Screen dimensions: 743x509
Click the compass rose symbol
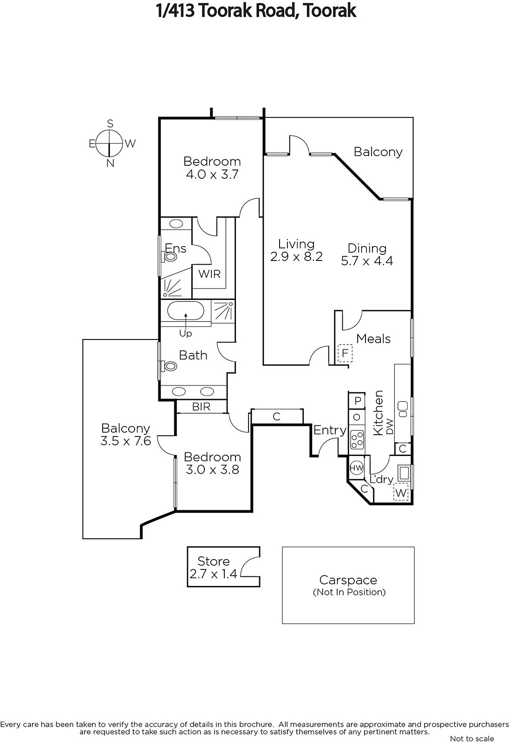pyautogui.click(x=110, y=143)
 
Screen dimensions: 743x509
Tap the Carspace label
pyautogui.click(x=348, y=580)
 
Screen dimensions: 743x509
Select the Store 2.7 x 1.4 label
pyautogui.click(x=213, y=567)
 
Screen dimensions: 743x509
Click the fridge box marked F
pyautogui.click(x=345, y=353)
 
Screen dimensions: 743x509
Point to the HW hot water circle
pyautogui.click(x=356, y=468)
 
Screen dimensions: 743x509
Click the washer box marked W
pyautogui.click(x=401, y=493)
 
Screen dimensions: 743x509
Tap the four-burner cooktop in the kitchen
pyautogui.click(x=357, y=440)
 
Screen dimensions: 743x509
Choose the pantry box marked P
pyautogui.click(x=357, y=400)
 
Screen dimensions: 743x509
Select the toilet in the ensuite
pyautogui.click(x=170, y=256)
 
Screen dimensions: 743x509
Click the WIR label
pyautogui.click(x=209, y=274)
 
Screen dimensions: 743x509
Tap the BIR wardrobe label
pyautogui.click(x=201, y=407)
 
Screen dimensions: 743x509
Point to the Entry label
pyautogui.click(x=330, y=430)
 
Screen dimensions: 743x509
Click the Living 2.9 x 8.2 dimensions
pyautogui.click(x=296, y=256)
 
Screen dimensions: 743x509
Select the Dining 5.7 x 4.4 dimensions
pyautogui.click(x=367, y=261)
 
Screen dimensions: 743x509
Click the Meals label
pyautogui.click(x=373, y=339)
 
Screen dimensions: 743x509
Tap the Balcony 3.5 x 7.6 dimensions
pyautogui.click(x=126, y=440)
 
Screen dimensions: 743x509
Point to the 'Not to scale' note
pyautogui.click(x=471, y=738)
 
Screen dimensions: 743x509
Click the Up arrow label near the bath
pyautogui.click(x=185, y=333)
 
